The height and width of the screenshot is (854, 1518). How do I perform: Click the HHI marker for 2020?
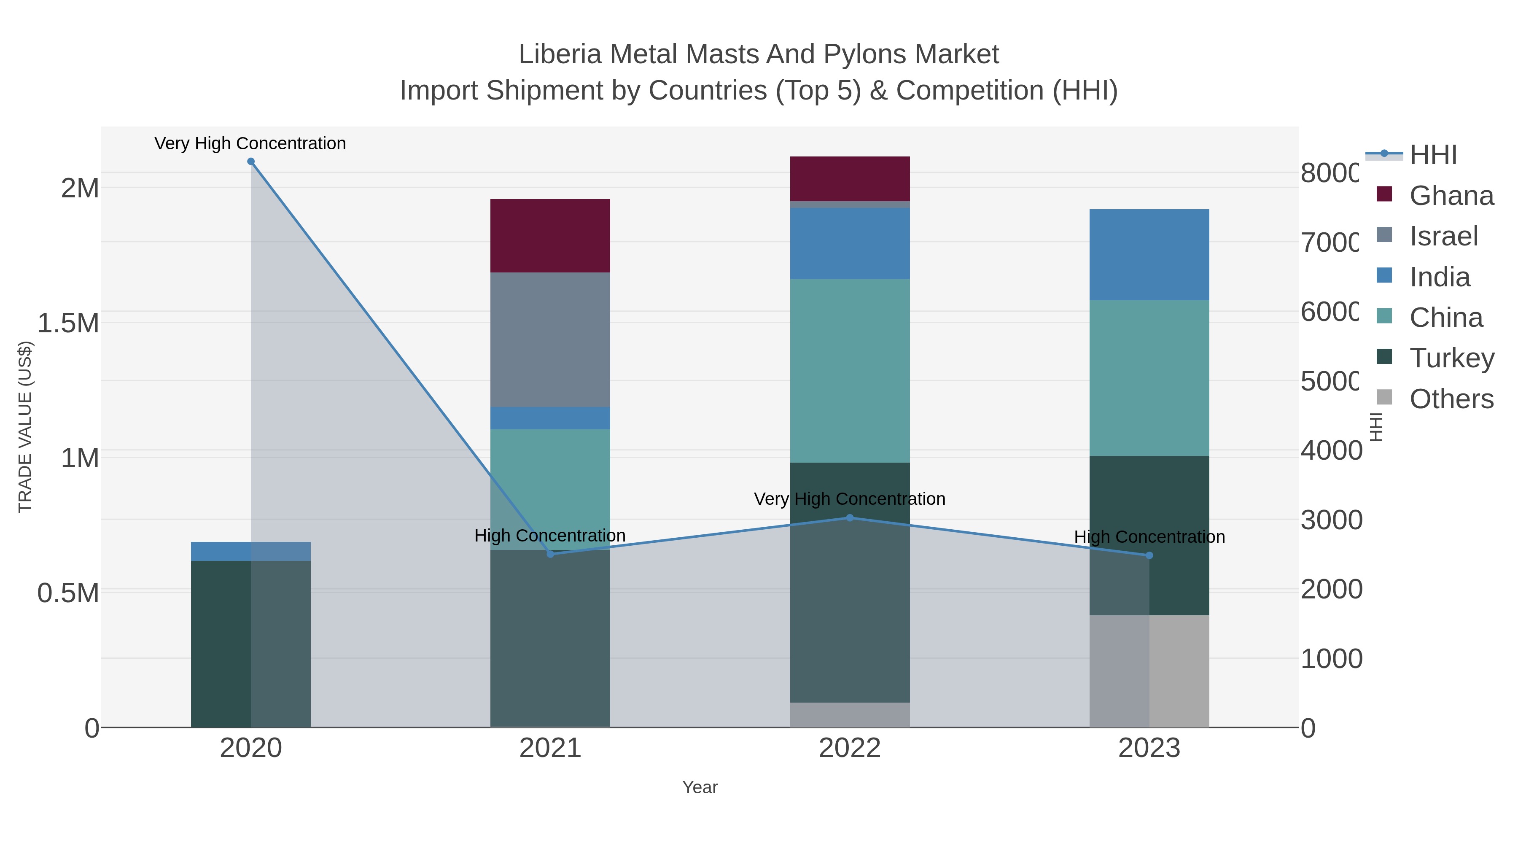pos(251,162)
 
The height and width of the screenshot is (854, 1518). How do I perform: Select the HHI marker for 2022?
pos(850,518)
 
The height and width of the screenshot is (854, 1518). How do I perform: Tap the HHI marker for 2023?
pos(1149,556)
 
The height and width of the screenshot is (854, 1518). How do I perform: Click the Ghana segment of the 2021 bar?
pos(550,236)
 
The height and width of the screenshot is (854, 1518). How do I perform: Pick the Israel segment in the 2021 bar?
pos(550,339)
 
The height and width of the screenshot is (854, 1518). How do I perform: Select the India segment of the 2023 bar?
pos(1149,255)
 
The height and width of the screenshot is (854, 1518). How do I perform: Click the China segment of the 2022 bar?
pos(850,371)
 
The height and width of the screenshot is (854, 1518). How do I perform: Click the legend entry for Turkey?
pos(1451,358)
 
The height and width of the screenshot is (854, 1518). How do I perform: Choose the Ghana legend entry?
pos(1451,196)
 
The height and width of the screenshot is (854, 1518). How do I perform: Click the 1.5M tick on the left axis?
pos(68,323)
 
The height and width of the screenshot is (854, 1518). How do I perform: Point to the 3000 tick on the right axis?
pos(1331,520)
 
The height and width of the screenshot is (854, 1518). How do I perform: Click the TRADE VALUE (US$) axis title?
pos(25,427)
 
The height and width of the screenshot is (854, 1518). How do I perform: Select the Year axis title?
pos(700,787)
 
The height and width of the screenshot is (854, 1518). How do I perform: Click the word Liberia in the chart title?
pos(560,54)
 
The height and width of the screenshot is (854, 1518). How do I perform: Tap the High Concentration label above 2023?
pos(1149,537)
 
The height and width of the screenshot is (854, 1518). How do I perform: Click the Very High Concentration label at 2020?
pos(250,144)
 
